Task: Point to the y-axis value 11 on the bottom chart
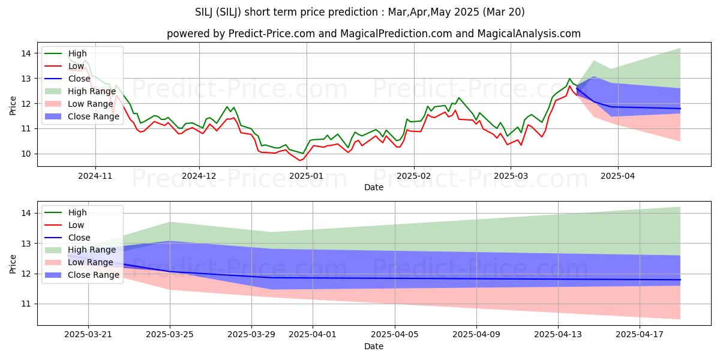pos(28,304)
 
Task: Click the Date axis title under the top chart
pos(373,188)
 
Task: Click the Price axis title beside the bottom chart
pos(13,263)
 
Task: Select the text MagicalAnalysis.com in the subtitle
pos(529,34)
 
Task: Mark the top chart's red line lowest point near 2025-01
pos(300,160)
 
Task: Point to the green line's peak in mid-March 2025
pos(569,79)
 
